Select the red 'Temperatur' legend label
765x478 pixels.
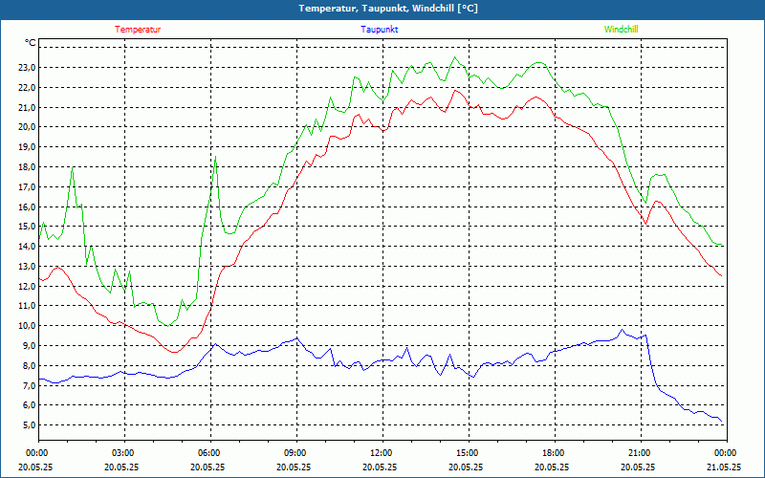click(138, 30)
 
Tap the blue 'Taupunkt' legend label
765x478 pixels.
click(380, 30)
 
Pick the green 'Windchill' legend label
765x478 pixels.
click(621, 30)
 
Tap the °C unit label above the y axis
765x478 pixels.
click(31, 43)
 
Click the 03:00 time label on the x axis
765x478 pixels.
click(123, 453)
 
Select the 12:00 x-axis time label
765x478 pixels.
click(382, 453)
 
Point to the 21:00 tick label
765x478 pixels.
click(640, 453)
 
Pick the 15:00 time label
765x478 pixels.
click(468, 453)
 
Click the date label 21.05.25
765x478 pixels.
click(725, 467)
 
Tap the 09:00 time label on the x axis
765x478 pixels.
click(295, 453)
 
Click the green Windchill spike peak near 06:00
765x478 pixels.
click(216, 157)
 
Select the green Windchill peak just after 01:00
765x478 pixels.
click(72, 170)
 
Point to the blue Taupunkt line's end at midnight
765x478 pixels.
click(723, 424)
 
